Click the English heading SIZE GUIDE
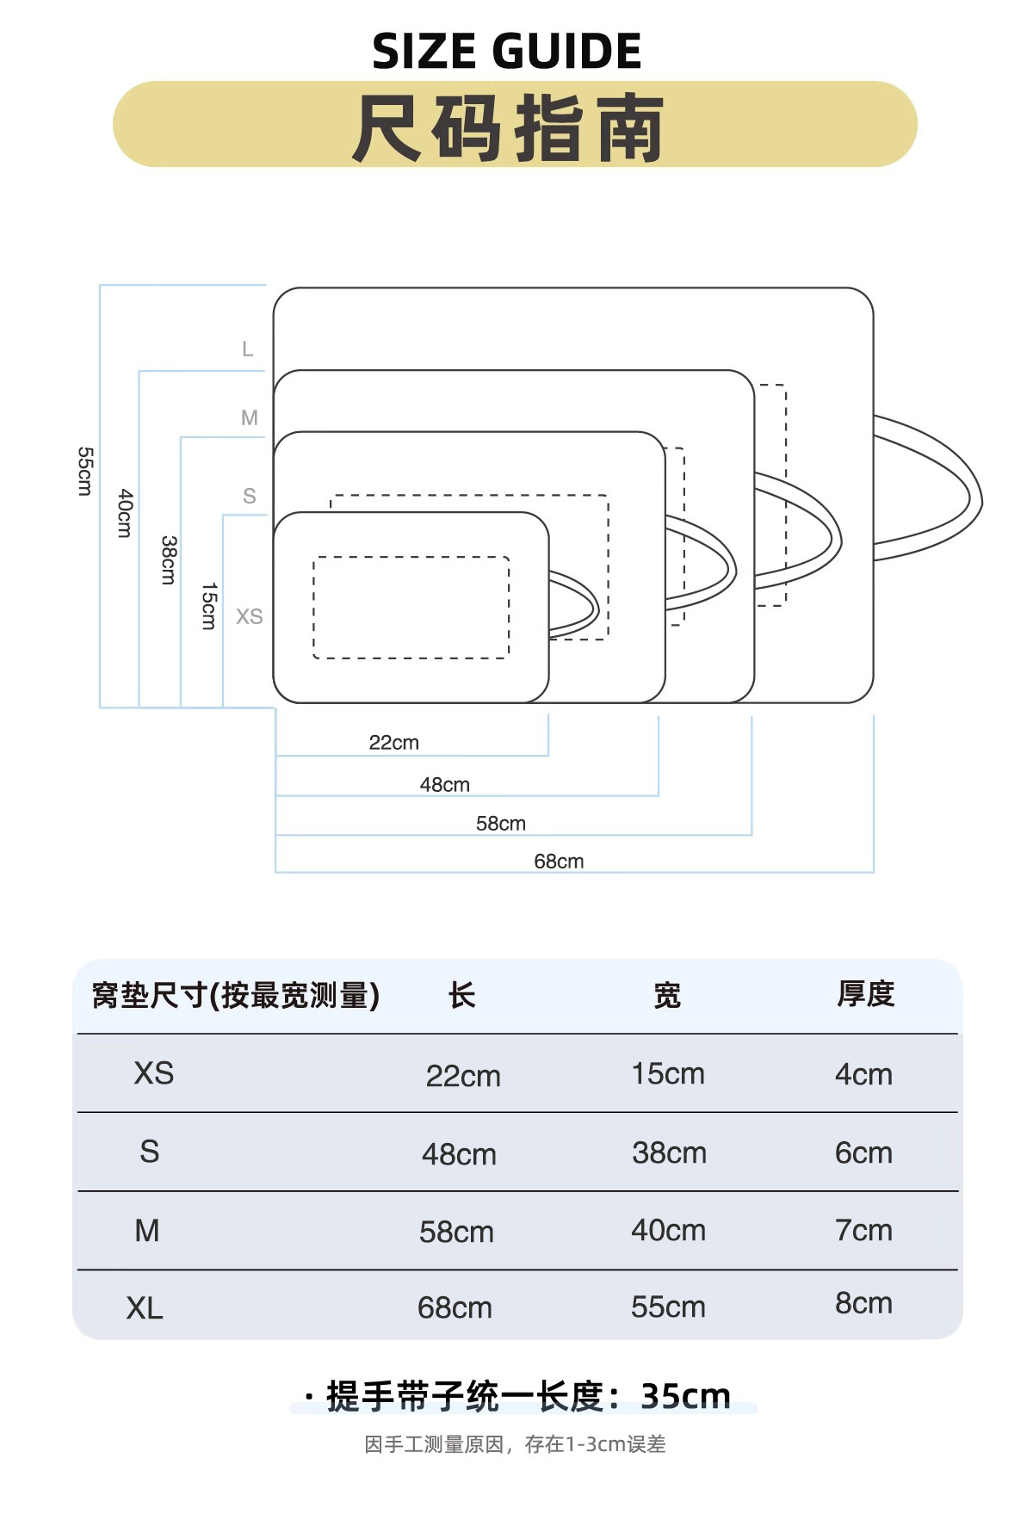click(x=506, y=51)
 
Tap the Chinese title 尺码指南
click(x=508, y=128)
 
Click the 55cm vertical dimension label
click(x=84, y=471)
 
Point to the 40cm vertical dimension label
click(x=126, y=513)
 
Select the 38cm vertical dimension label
click(x=169, y=559)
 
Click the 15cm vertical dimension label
click(x=209, y=606)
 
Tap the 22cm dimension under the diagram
click(x=393, y=742)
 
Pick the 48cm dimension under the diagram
click(x=444, y=784)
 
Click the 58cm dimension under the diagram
click(x=500, y=823)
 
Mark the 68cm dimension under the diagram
click(x=559, y=861)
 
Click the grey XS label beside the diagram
click(x=249, y=616)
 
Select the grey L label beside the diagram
click(x=247, y=349)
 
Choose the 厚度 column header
click(x=865, y=994)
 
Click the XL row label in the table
click(x=145, y=1308)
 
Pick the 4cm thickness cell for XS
click(x=863, y=1074)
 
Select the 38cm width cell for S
click(x=669, y=1152)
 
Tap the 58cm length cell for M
click(x=456, y=1232)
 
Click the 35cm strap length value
click(x=685, y=1395)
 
